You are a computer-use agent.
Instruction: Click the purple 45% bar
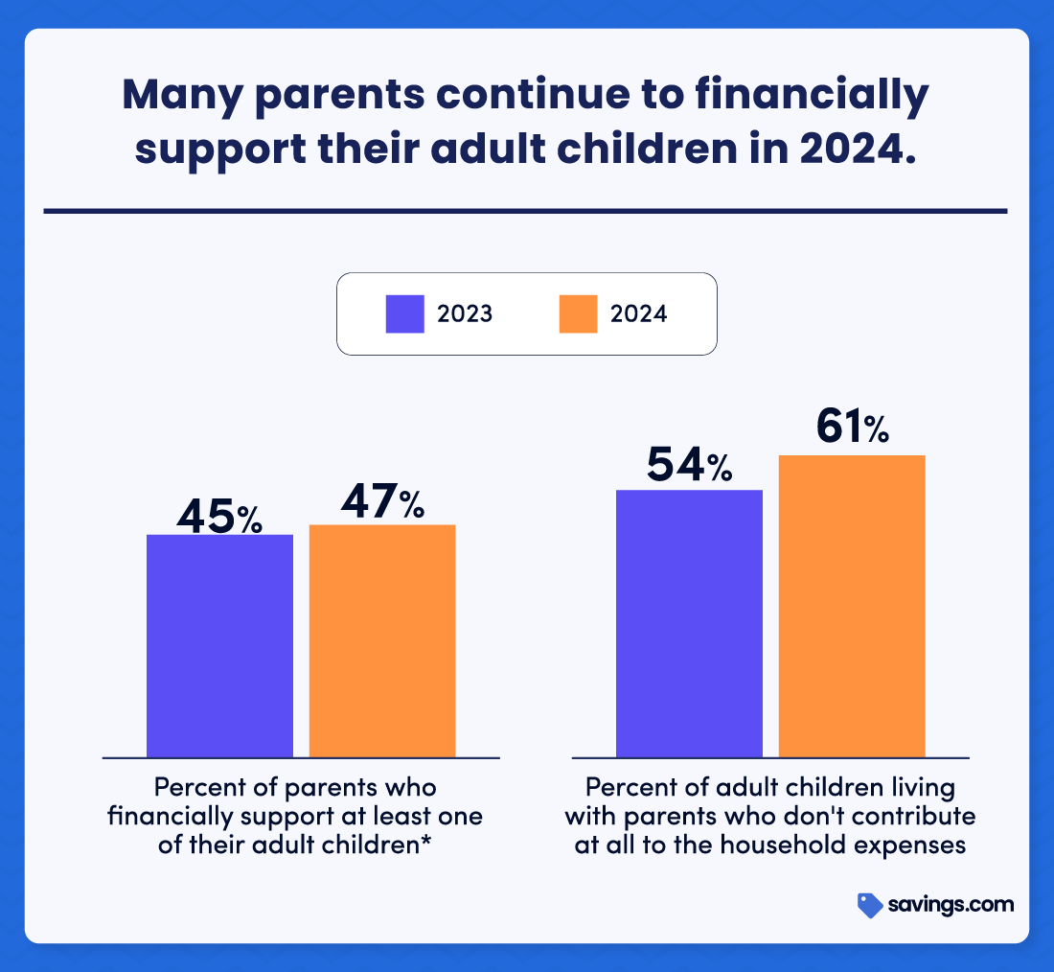219,645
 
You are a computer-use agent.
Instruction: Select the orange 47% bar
381,640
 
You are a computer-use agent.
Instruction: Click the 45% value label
219,516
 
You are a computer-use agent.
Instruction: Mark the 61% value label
852,428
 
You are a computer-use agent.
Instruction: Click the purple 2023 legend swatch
404,313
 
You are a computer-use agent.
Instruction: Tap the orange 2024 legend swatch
578,313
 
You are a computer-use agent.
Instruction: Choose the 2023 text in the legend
465,313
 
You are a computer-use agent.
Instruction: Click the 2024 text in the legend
639,313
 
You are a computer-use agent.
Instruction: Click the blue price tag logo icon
869,905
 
